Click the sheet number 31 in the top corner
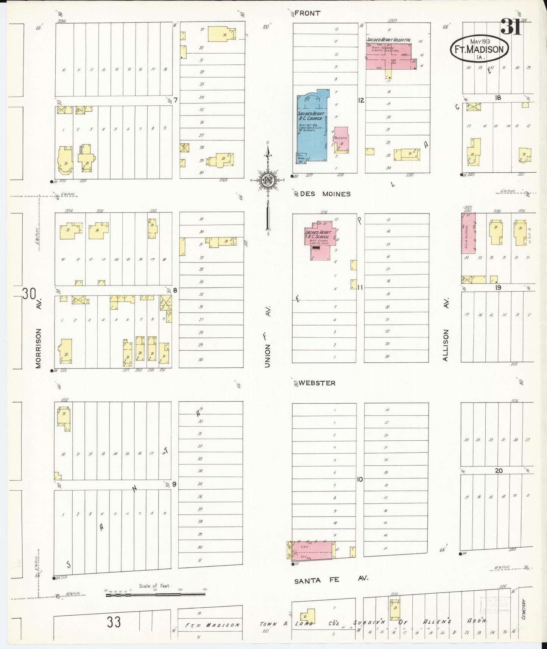tap(511, 27)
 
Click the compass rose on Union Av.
tap(268, 179)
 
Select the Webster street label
tap(317, 383)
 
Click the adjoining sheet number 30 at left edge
tap(29, 294)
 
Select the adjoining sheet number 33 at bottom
tap(114, 622)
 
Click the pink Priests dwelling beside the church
tap(341, 140)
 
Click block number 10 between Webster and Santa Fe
tap(360, 479)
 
